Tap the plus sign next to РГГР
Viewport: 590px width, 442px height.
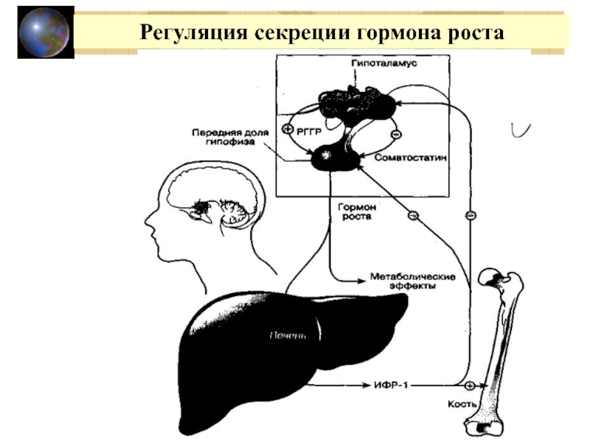click(x=288, y=128)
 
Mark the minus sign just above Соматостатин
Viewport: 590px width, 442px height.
click(x=395, y=135)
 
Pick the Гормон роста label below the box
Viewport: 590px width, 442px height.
click(x=355, y=212)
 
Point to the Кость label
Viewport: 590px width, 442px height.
click(x=463, y=404)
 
